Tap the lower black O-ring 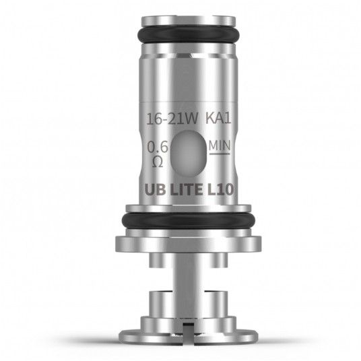(x=180, y=220)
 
